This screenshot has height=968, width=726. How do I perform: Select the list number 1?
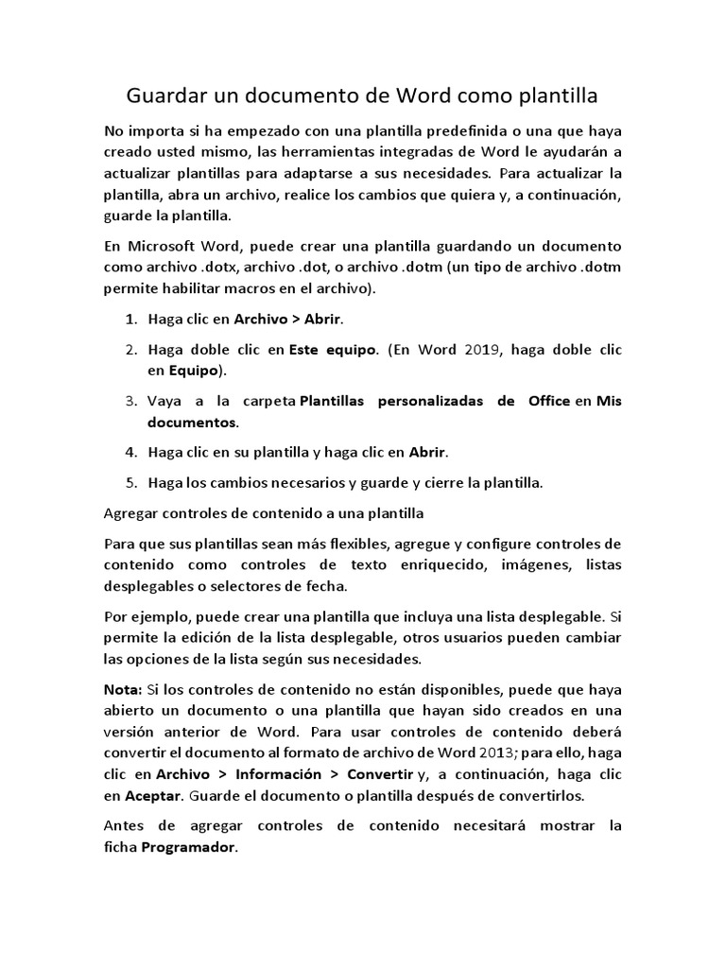point(130,319)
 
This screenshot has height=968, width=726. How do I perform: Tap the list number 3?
point(130,401)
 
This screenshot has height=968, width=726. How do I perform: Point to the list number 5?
point(130,482)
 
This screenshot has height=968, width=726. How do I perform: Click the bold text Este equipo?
point(333,350)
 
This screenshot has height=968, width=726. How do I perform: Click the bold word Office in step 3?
point(548,401)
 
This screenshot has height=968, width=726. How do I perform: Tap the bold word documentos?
point(192,421)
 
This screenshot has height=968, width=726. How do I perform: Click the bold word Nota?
point(122,690)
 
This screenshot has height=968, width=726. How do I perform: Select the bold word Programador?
point(187,847)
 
